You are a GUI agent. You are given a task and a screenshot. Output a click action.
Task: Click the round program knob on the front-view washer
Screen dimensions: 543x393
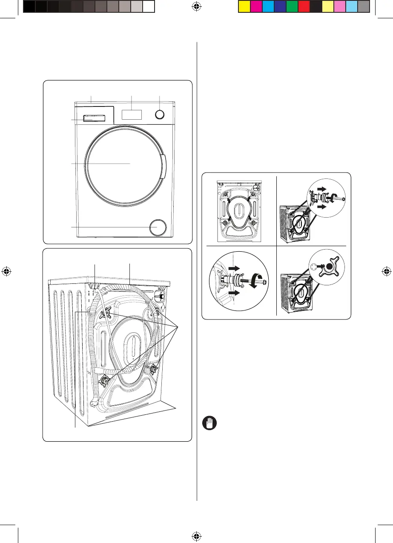(159, 115)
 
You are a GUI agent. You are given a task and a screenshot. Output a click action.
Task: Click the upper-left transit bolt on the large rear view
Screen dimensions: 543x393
(105, 314)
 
